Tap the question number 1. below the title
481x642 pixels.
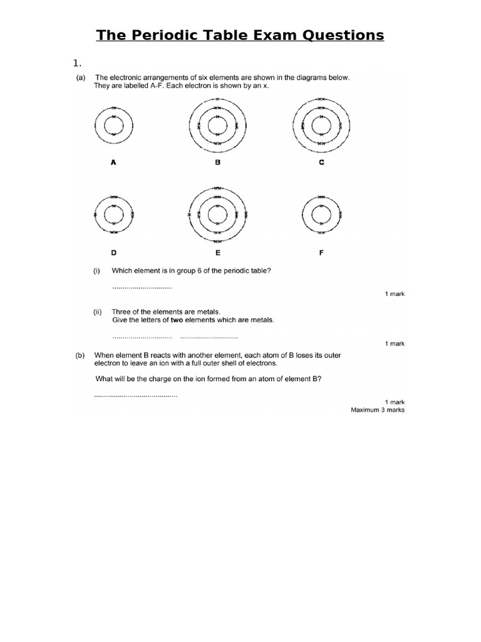point(78,63)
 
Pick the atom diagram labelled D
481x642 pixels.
point(113,214)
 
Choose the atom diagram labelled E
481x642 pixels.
point(217,215)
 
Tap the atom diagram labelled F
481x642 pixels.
point(321,214)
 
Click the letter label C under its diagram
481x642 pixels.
point(321,162)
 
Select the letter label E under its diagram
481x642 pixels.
point(217,254)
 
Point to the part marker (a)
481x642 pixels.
point(81,78)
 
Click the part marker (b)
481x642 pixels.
point(81,355)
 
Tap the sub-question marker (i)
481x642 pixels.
point(97,271)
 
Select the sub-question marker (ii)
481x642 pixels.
point(98,312)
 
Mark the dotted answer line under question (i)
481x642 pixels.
point(142,288)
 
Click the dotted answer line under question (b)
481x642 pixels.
point(136,396)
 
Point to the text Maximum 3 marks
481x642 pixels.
point(378,409)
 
